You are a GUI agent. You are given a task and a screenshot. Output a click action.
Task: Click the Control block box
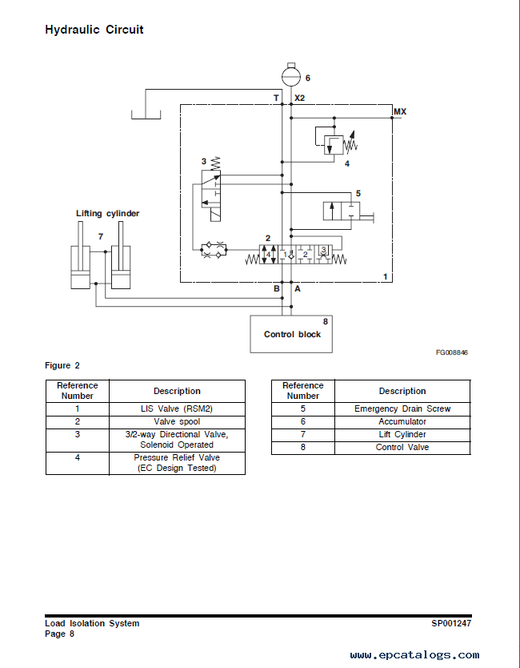(291, 334)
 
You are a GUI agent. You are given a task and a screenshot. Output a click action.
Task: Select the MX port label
(400, 111)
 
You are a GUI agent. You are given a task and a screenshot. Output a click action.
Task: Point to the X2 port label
(299, 98)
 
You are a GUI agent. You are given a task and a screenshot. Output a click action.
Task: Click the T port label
(276, 98)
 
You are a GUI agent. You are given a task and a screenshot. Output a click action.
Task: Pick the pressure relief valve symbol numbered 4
(336, 142)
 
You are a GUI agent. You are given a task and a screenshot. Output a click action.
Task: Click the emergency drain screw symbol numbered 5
(348, 211)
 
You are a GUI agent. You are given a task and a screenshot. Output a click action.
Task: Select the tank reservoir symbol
(146, 115)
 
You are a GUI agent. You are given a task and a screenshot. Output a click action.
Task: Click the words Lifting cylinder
(108, 213)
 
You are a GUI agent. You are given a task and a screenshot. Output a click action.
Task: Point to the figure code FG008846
(451, 352)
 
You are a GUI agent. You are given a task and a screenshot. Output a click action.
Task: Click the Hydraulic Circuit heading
(94, 30)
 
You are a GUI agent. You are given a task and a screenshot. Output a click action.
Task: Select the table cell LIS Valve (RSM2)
(177, 409)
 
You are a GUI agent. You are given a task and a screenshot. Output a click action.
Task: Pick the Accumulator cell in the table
(402, 422)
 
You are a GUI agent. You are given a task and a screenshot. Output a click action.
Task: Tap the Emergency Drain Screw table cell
(402, 409)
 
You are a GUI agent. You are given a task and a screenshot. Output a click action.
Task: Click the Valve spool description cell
(177, 422)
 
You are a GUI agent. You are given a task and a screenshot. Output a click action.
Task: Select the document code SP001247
(451, 623)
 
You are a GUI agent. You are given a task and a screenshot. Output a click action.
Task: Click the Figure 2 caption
(62, 365)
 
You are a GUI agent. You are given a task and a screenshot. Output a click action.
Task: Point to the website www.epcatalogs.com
(415, 655)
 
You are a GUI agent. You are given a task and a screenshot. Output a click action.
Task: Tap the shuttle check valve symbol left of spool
(214, 250)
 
